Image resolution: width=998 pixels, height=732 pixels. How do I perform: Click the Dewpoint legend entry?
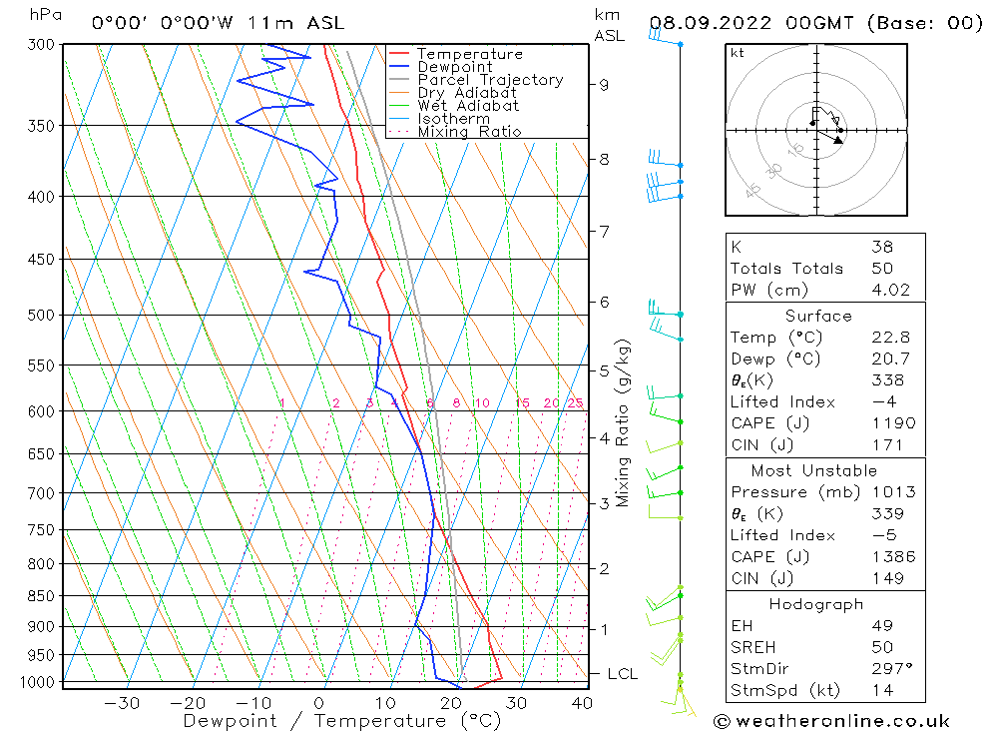point(454,67)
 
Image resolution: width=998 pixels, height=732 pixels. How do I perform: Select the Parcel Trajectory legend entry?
point(489,80)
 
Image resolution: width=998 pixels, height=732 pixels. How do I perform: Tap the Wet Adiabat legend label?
point(467,106)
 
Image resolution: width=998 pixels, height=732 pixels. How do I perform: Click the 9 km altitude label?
point(604,84)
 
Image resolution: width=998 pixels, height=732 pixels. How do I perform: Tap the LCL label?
point(622,674)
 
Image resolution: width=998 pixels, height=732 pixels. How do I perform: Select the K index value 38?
point(881,247)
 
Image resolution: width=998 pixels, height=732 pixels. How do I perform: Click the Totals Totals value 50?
point(881,269)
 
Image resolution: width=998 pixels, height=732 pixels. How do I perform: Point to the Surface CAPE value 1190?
point(887,423)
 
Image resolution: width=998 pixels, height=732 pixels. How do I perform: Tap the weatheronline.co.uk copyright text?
point(831,721)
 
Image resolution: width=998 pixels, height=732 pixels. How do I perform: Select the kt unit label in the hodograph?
point(738,53)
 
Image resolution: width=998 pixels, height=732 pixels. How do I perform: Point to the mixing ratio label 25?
point(575,403)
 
